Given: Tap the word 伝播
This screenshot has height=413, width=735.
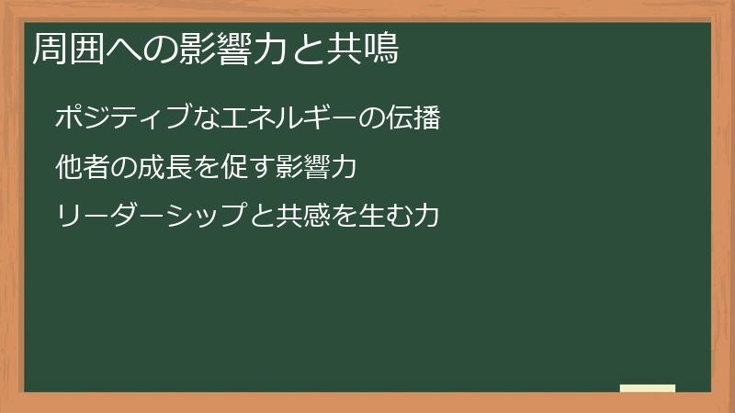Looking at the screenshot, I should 414,118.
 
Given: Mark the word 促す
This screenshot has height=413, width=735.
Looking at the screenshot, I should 249,168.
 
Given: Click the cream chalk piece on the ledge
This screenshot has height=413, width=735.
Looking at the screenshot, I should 648,388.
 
